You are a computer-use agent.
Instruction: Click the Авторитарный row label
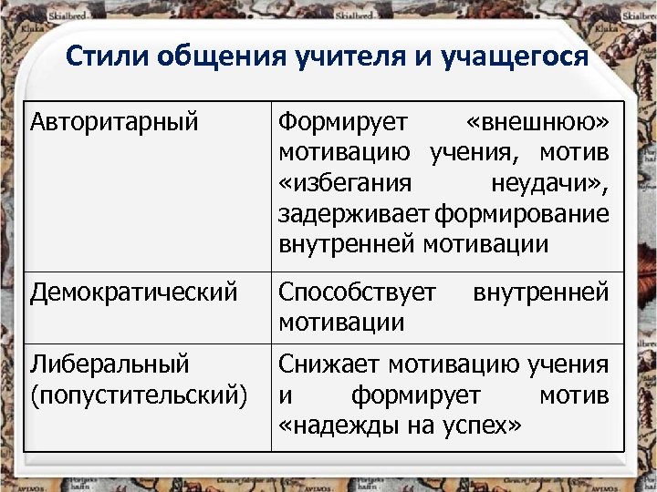coord(113,121)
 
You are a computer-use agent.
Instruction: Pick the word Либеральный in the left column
coord(109,364)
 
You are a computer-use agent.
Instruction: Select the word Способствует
coord(357,292)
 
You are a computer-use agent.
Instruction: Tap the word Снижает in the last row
coord(329,364)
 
